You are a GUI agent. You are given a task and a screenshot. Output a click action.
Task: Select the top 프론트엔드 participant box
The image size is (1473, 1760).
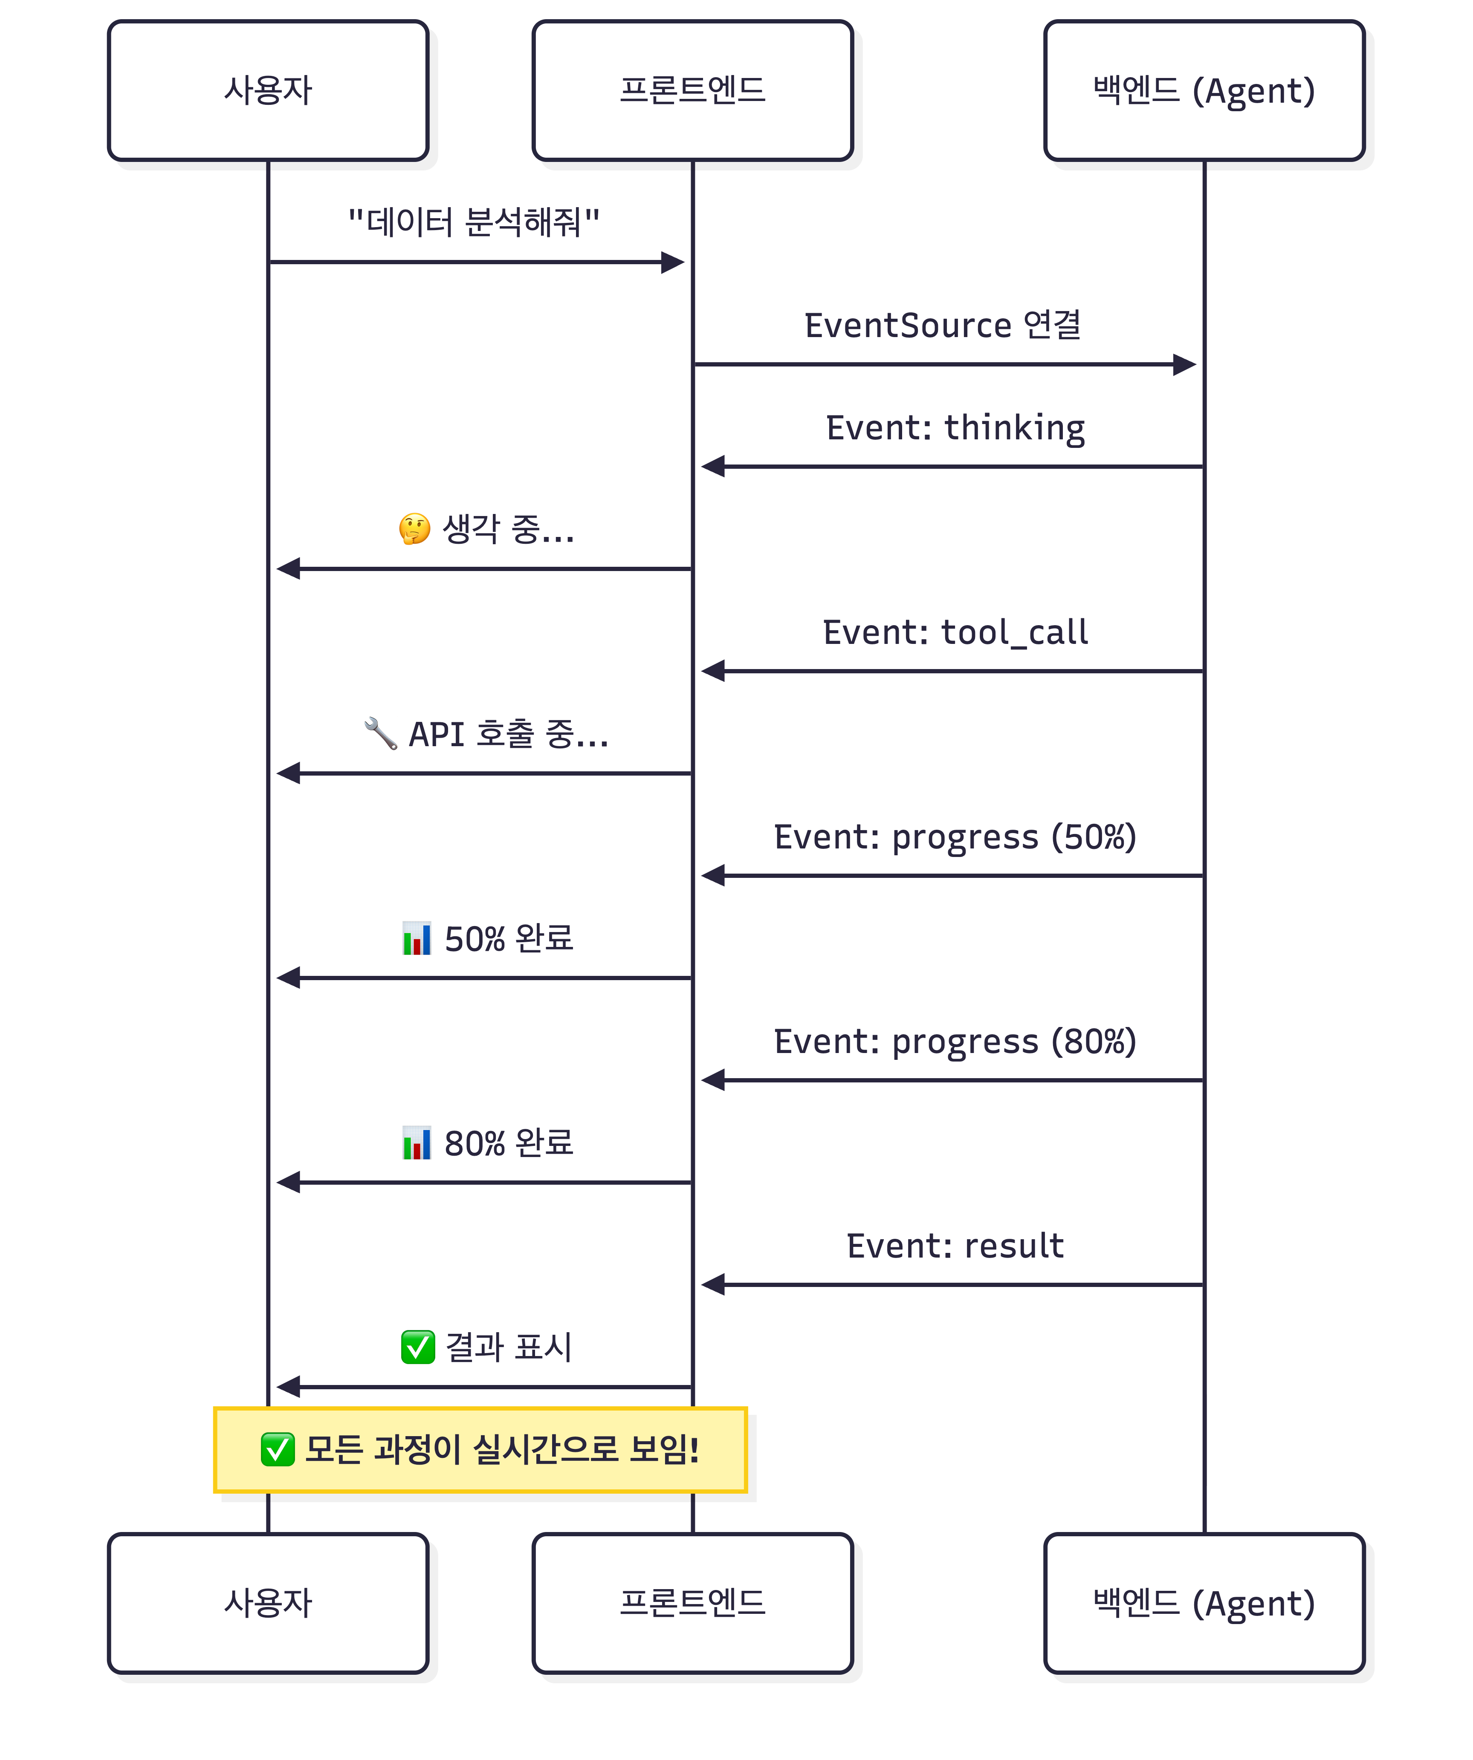point(692,90)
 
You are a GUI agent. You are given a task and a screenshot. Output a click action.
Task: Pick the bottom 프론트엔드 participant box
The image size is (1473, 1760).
point(692,1603)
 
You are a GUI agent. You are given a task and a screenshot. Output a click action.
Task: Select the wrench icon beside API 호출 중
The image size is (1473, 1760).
point(381,733)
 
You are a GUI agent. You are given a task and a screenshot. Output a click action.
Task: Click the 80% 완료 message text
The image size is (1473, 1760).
point(509,1143)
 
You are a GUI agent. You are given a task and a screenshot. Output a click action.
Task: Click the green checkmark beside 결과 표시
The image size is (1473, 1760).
point(417,1347)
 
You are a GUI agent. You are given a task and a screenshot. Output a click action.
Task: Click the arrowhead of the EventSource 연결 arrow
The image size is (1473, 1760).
point(1185,365)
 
